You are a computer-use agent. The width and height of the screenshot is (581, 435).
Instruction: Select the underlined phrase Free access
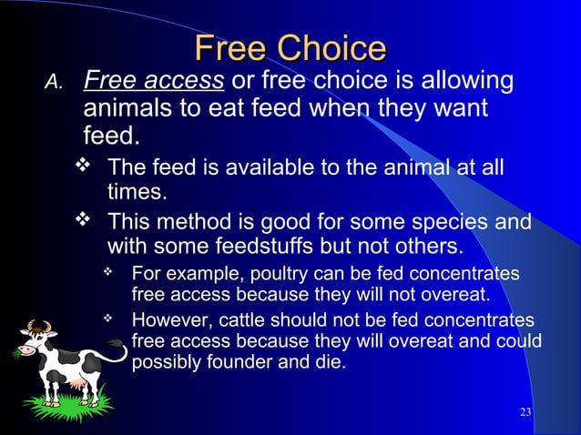154,84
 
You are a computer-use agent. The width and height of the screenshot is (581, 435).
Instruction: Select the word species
451,223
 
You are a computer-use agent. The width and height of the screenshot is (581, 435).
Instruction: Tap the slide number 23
525,413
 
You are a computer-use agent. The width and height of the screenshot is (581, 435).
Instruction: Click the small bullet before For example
109,272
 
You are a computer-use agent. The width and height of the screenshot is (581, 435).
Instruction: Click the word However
168,320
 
